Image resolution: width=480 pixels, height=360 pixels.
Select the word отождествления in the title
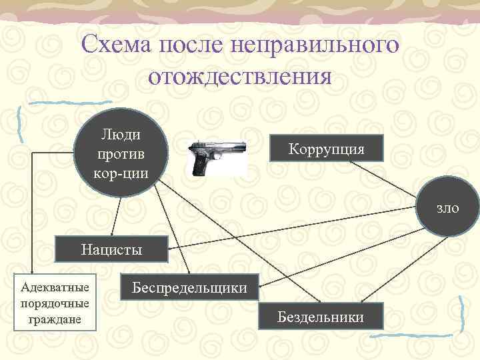(x=240, y=77)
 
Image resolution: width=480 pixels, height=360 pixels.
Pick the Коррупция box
(x=327, y=148)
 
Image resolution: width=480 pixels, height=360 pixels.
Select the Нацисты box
(x=112, y=250)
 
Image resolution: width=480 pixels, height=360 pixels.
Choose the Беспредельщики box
(x=189, y=288)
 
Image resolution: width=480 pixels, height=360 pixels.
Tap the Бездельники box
(x=321, y=315)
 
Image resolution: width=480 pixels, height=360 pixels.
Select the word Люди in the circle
(x=121, y=135)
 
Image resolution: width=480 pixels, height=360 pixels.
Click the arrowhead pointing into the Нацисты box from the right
(x=170, y=249)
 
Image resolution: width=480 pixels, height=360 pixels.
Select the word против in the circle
(x=121, y=154)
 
